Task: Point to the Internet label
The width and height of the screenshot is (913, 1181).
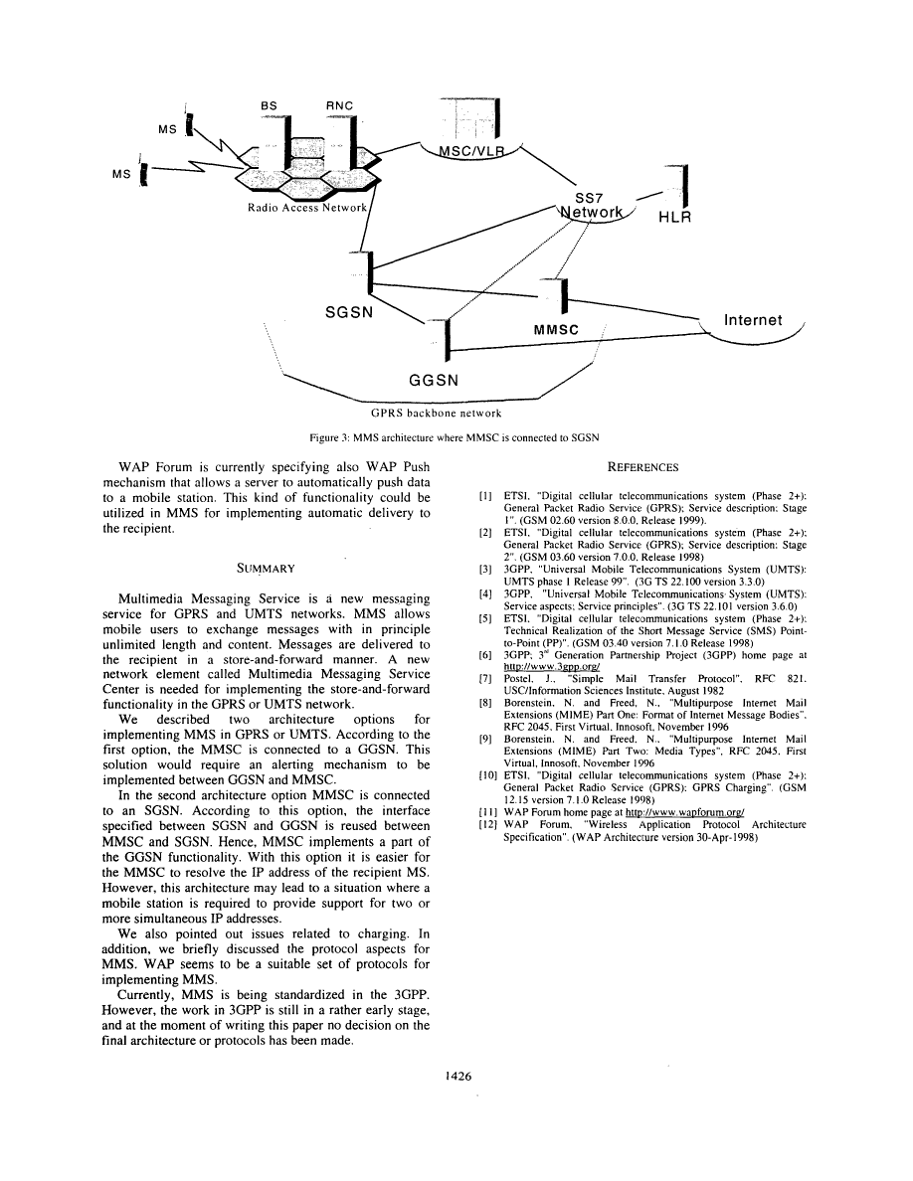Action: click(753, 320)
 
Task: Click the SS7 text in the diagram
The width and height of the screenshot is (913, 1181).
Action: click(591, 198)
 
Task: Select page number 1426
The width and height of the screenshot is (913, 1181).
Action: click(456, 1075)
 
